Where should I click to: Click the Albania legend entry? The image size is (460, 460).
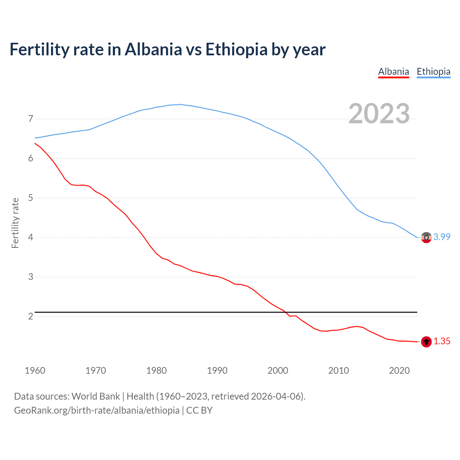394,72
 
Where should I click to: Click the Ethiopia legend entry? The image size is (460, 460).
433,72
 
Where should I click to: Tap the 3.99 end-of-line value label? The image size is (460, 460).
442,237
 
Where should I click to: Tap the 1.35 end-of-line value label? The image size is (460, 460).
442,341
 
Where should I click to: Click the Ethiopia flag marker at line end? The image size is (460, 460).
426,238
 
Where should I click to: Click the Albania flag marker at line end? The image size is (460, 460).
426,342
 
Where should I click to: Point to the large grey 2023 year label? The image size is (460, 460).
379,114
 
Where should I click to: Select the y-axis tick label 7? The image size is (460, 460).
31,119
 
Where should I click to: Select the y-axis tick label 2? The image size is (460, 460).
31,316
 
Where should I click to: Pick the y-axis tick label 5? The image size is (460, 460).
31,198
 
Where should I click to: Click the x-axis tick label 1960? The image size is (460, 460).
35,371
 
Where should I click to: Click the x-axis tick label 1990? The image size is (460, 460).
217,371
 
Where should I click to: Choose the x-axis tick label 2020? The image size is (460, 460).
399,371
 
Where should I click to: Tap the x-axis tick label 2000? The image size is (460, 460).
278,371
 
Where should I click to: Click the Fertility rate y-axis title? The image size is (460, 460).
15,223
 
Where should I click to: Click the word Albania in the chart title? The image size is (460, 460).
153,50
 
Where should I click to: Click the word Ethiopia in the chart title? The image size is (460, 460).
236,50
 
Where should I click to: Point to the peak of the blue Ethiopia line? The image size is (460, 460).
180,105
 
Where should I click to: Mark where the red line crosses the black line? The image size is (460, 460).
287,312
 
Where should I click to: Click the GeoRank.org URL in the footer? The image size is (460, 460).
97,410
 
